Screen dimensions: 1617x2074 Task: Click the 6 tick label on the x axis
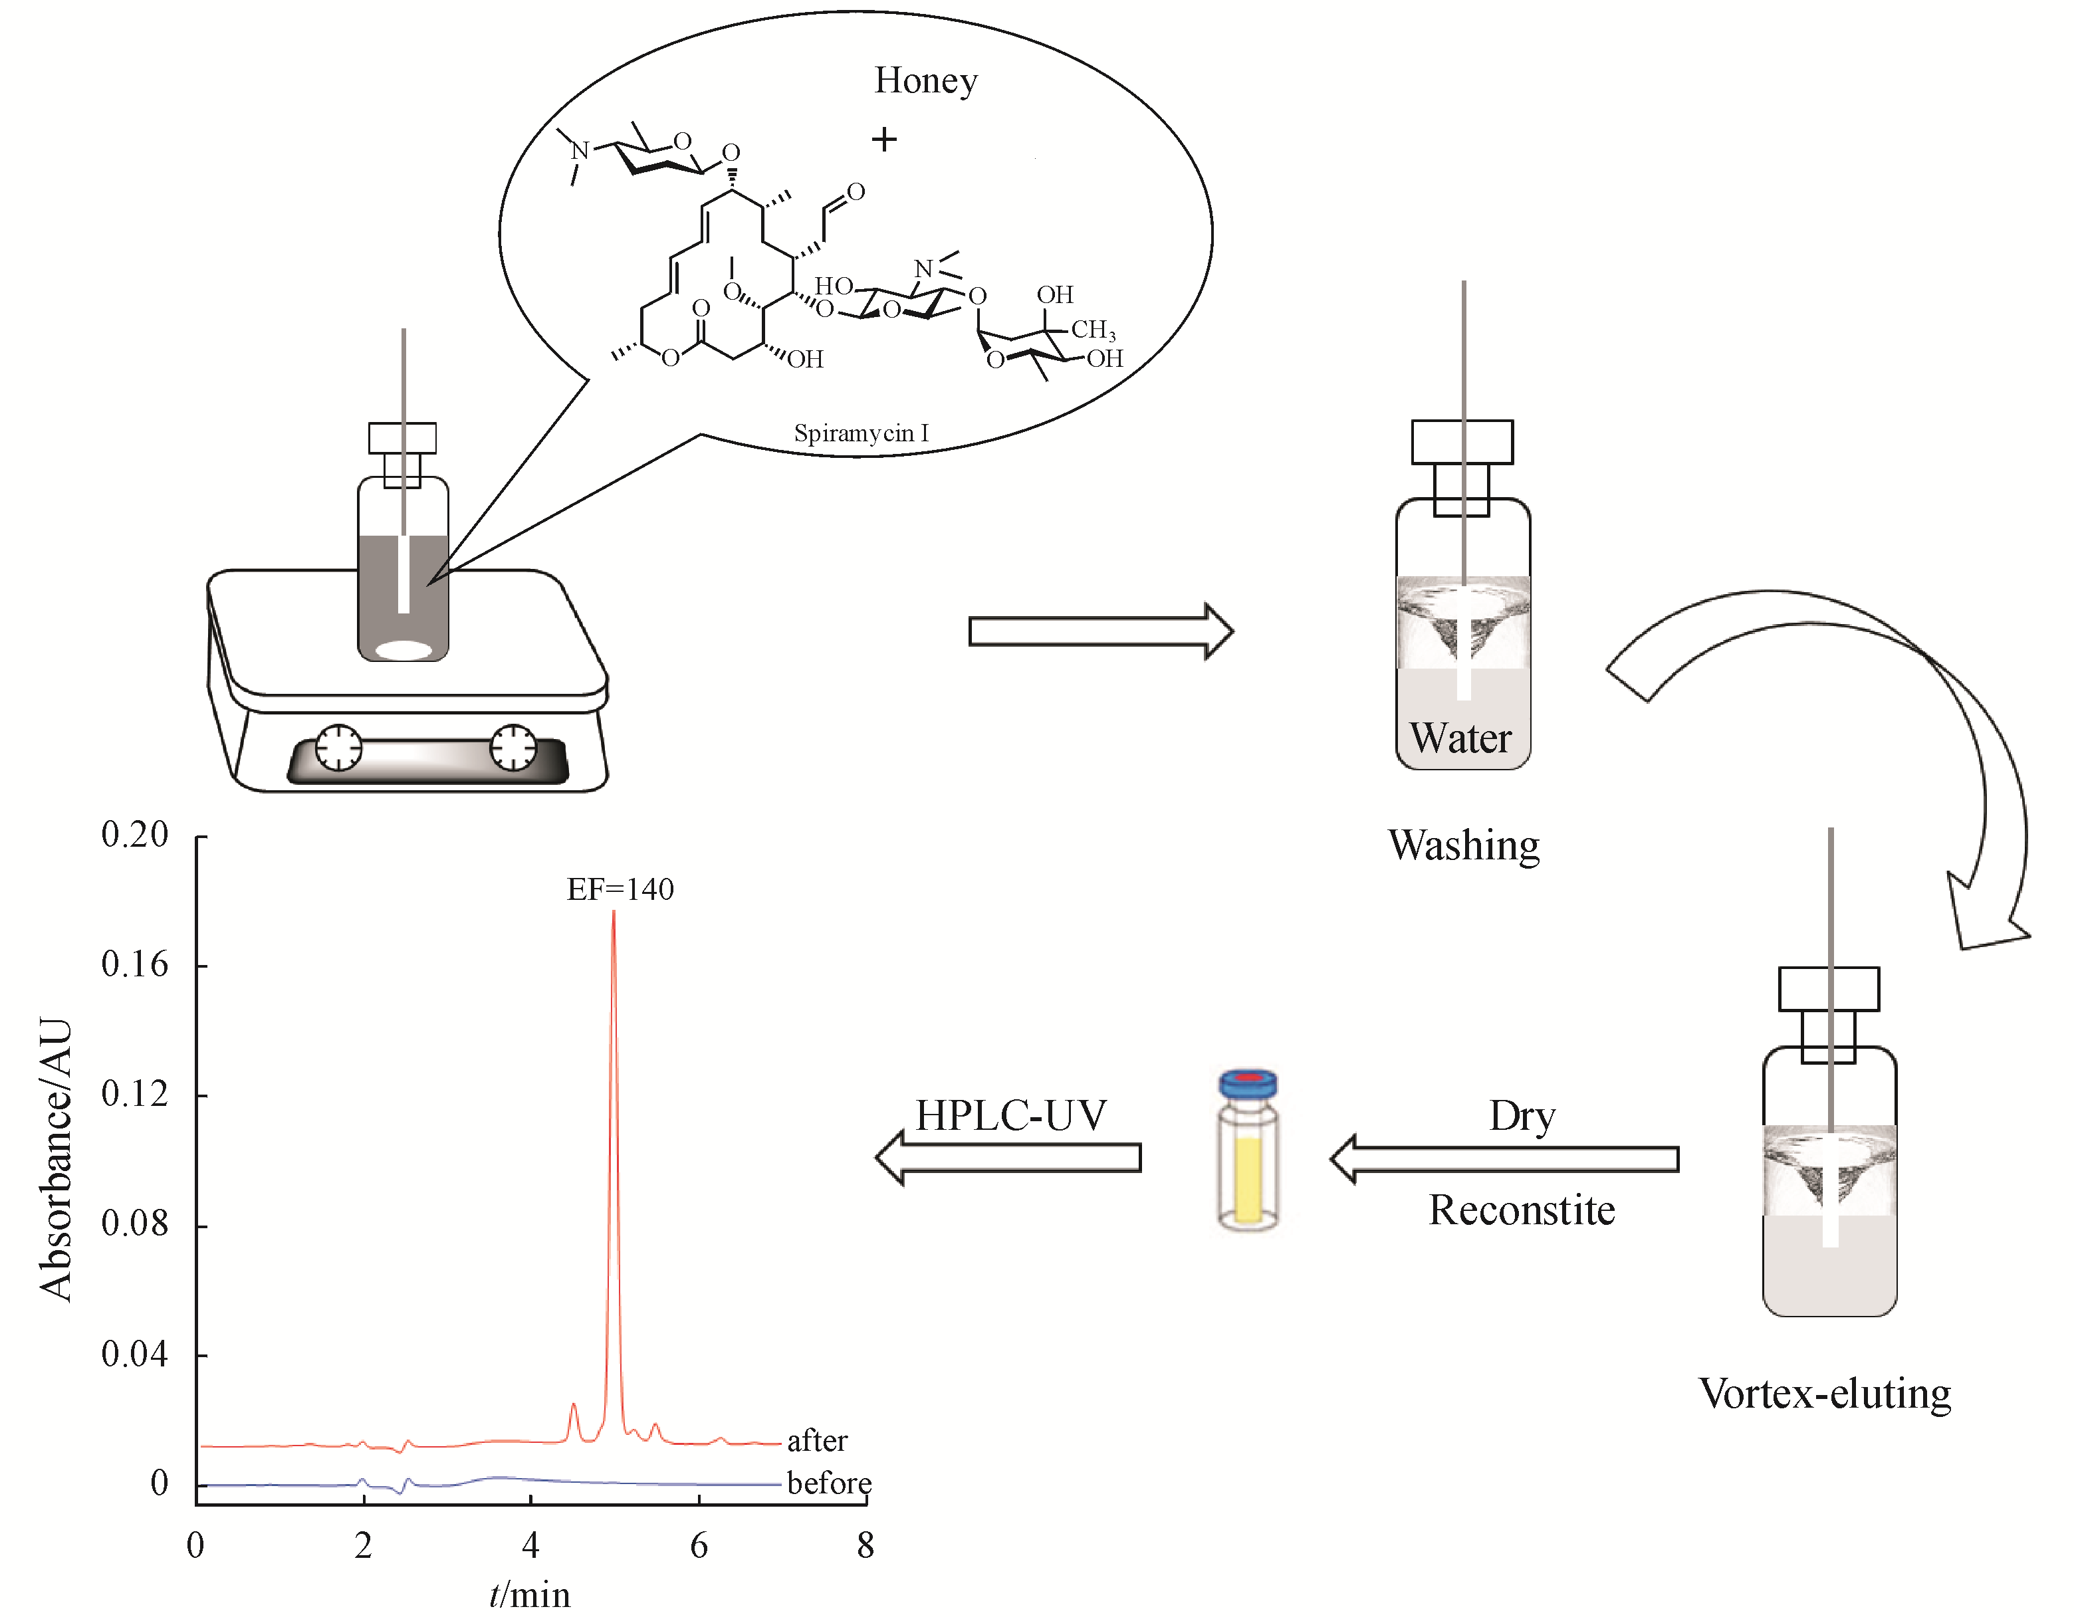coord(699,1546)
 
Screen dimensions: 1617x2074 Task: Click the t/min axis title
coord(530,1595)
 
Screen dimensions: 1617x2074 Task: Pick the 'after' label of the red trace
coord(817,1440)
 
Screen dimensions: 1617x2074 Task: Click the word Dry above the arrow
coord(1522,1116)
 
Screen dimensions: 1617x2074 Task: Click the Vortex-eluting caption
coord(1824,1394)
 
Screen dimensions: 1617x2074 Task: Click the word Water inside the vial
coord(1460,738)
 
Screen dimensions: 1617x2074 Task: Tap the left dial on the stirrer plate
coord(338,747)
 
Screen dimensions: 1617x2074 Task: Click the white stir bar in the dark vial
coord(403,651)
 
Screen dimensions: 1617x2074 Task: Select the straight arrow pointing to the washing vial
coord(1099,631)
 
